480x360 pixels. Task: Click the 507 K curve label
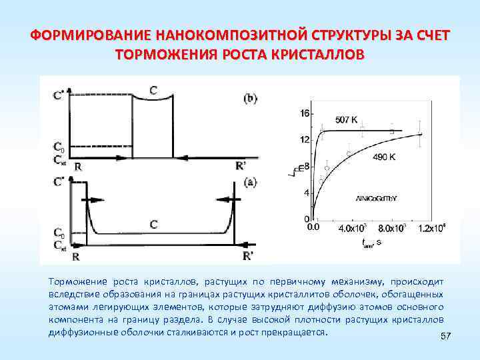click(x=346, y=121)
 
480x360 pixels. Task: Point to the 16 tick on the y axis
click(x=305, y=113)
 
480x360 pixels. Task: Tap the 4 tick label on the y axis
click(x=306, y=193)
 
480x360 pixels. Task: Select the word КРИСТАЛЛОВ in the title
click(x=317, y=54)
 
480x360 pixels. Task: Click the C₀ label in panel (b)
click(x=59, y=146)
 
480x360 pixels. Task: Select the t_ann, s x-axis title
click(x=371, y=243)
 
